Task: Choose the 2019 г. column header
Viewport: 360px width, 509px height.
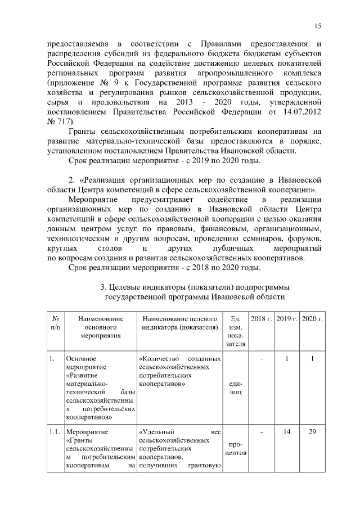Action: click(287, 319)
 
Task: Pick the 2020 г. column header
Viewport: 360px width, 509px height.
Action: click(312, 319)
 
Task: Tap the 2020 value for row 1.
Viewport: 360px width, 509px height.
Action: click(312, 358)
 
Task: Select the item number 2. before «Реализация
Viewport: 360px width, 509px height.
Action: click(72, 179)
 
